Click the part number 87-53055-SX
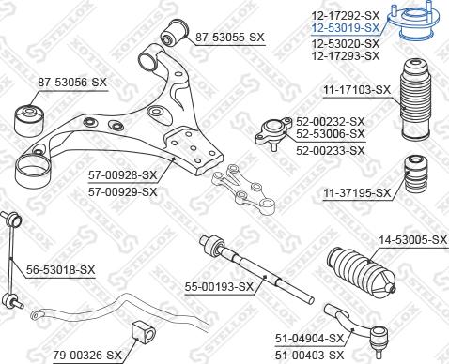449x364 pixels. (x=231, y=37)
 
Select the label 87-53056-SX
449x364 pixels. (x=72, y=83)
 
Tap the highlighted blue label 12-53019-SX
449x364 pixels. (x=346, y=29)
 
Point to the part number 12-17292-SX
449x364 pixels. (x=346, y=16)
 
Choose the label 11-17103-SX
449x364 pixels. (x=356, y=89)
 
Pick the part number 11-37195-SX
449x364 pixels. (x=356, y=192)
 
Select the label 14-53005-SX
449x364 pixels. (x=412, y=240)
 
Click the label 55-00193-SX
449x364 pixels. (x=219, y=286)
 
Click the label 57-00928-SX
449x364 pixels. (x=122, y=175)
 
